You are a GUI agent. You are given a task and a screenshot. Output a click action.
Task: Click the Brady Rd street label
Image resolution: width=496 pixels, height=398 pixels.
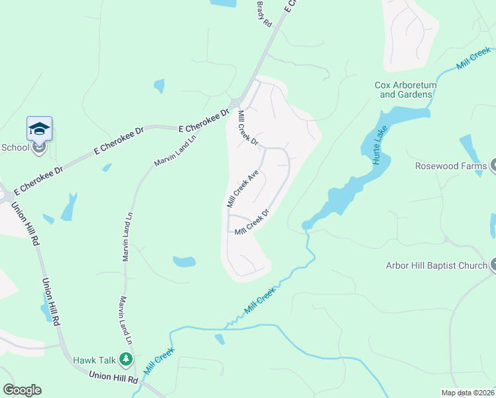point(264,13)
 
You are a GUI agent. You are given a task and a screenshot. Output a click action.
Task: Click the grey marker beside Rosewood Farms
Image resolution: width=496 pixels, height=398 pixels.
point(493,166)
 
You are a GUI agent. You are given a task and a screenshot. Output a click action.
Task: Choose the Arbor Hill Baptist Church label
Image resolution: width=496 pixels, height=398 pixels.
point(436,266)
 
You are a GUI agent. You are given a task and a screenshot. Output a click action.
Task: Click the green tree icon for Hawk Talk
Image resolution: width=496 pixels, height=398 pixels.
point(125,360)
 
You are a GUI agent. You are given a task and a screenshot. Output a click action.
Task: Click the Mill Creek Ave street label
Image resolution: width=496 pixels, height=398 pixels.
point(242,188)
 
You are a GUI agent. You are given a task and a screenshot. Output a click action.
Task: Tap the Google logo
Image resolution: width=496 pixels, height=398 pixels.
point(22,390)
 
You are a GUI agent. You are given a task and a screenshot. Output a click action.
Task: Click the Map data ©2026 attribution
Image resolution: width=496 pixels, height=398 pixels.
point(468,393)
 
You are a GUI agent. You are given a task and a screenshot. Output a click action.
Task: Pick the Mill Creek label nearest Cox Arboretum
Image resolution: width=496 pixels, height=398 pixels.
point(474,58)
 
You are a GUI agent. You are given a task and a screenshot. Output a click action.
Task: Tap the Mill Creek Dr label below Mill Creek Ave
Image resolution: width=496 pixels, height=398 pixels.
point(251,222)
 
